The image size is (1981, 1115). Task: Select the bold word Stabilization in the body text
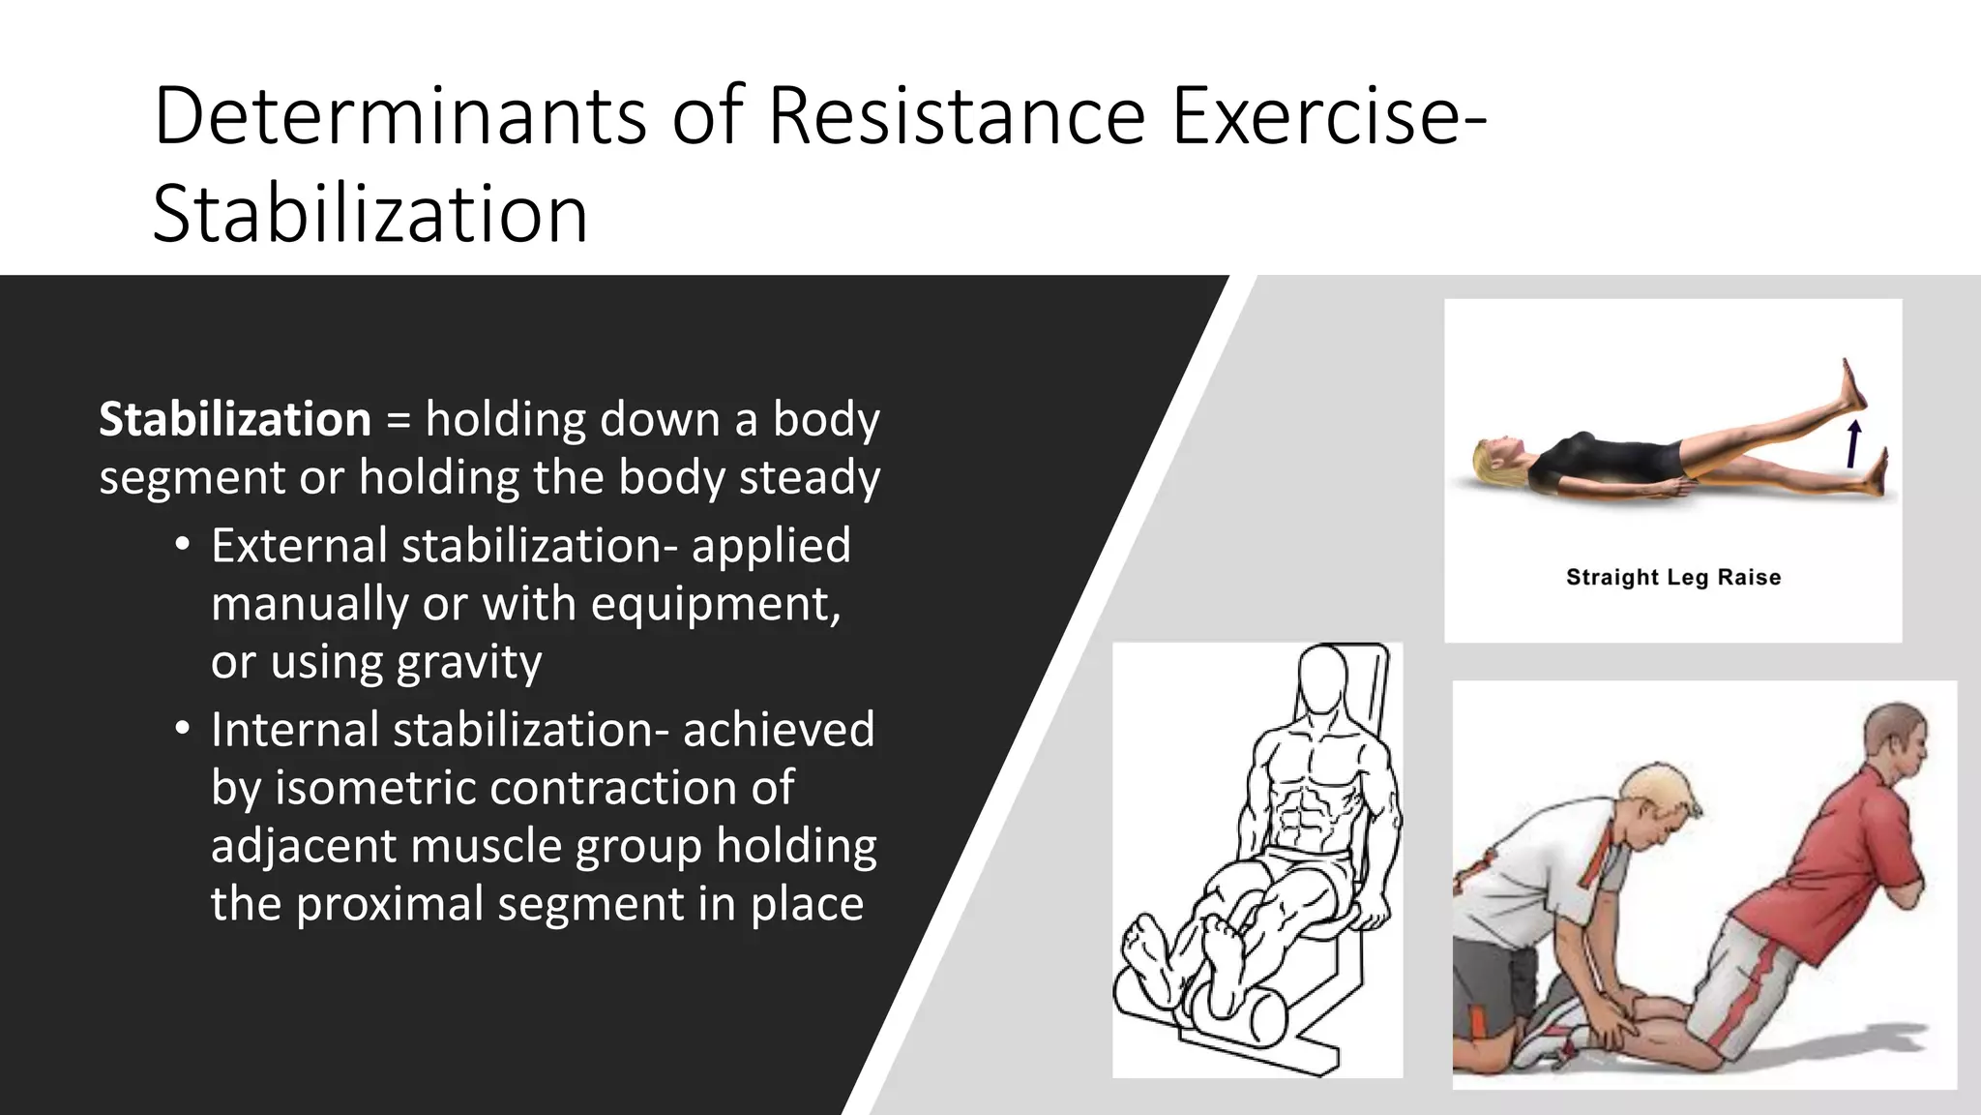click(x=235, y=420)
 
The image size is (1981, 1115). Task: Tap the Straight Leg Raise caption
click(x=1673, y=578)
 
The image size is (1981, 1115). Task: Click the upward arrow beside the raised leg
click(x=1853, y=444)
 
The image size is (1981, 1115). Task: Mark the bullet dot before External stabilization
click(x=182, y=545)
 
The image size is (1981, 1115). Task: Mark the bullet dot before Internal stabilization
click(x=182, y=729)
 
